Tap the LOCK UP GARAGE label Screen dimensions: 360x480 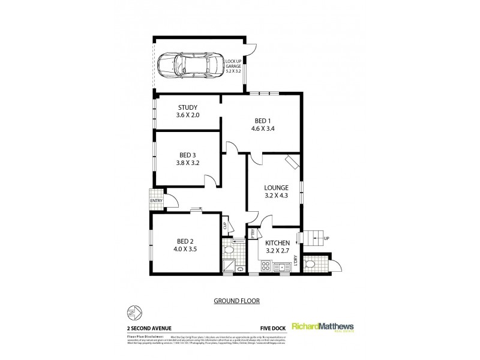233,65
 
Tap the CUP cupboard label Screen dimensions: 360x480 225,227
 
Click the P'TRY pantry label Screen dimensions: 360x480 253,233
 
